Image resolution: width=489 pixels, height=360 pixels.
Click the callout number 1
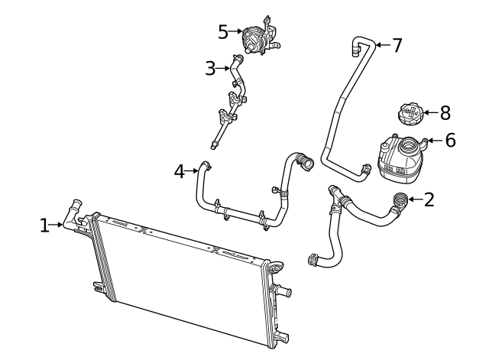tap(44, 225)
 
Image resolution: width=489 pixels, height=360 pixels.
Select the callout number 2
tap(429, 200)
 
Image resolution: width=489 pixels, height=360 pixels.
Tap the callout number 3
tap(211, 68)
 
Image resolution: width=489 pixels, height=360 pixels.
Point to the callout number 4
tap(180, 172)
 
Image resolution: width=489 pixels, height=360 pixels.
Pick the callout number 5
tap(223, 31)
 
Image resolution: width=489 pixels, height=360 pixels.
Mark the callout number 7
tap(396, 45)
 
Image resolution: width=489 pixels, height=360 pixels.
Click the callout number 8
tap(444, 113)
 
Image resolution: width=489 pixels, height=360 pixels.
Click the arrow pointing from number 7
tap(381, 46)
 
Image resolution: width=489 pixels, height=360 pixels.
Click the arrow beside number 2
tap(414, 200)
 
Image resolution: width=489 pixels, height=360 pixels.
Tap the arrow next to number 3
tap(224, 68)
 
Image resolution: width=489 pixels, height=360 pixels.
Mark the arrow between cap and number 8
tap(429, 113)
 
